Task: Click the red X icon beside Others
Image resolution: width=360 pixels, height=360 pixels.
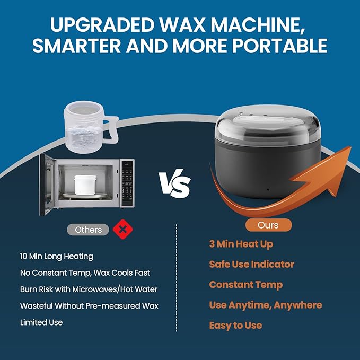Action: (123, 230)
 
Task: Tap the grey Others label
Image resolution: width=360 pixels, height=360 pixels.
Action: (88, 230)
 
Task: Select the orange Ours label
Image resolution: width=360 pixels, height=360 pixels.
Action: (268, 225)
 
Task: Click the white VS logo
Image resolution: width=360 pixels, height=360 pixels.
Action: (175, 183)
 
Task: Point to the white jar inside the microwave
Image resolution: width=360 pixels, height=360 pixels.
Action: (85, 185)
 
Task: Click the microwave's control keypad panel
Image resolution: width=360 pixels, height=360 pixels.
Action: (127, 183)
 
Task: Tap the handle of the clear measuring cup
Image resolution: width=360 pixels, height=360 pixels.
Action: (111, 129)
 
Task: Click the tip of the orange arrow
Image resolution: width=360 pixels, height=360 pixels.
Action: (350, 147)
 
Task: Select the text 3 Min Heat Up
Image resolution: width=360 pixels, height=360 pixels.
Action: (241, 244)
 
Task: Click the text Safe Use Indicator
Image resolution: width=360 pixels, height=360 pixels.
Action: (252, 264)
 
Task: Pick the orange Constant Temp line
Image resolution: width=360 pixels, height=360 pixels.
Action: (245, 285)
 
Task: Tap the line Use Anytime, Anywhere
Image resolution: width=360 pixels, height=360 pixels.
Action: (266, 305)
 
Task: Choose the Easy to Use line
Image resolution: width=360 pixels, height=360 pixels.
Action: (235, 326)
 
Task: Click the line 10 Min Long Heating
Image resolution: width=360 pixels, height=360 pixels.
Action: (57, 256)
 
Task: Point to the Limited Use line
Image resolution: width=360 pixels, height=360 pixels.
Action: (41, 322)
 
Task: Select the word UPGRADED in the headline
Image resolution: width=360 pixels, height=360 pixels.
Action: (102, 24)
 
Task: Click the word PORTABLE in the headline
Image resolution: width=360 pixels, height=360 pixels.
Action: (279, 46)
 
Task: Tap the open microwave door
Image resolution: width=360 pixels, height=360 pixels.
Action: (47, 185)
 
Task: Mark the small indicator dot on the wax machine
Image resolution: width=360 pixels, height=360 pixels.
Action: (268, 190)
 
